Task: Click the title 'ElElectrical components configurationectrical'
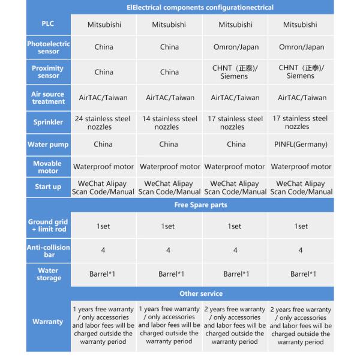[x=200, y=8]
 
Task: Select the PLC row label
[x=49, y=25]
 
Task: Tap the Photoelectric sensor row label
[x=49, y=47]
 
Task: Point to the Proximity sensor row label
[x=49, y=72]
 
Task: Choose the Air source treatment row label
[x=49, y=98]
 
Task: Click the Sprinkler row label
[x=49, y=122]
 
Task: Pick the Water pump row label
[x=49, y=145]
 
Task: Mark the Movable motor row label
[x=49, y=167]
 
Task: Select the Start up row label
[x=49, y=187]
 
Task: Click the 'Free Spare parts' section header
[x=200, y=205]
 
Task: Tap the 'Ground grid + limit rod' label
[x=49, y=226]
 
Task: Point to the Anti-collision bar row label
[x=49, y=251]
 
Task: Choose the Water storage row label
[x=49, y=274]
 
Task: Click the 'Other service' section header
[x=200, y=293]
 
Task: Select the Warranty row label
[x=49, y=322]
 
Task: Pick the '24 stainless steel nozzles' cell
[x=103, y=123]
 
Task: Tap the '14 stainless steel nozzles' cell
[x=169, y=123]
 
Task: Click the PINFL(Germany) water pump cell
[x=301, y=145]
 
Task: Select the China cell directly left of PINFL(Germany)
[x=236, y=145]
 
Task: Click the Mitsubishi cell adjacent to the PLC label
[x=103, y=25]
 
